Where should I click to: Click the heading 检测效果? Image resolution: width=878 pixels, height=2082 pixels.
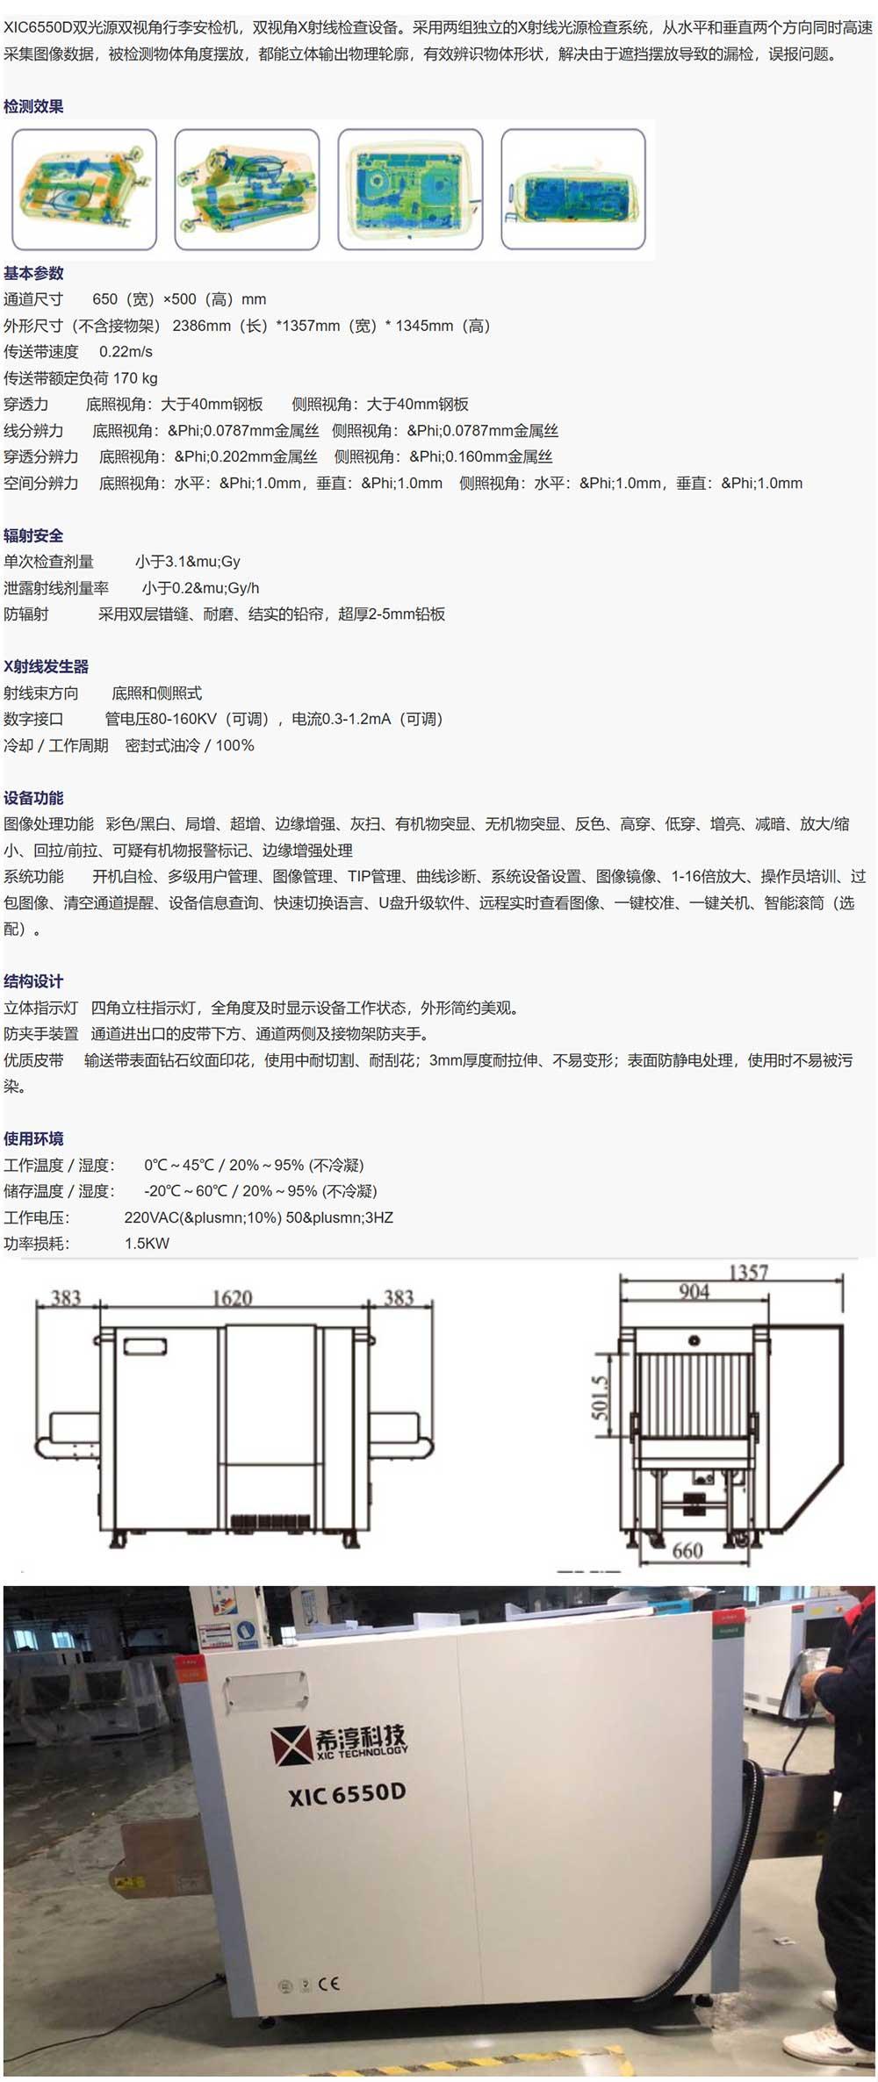[x=33, y=106]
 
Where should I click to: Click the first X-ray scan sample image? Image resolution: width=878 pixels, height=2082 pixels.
[x=83, y=189]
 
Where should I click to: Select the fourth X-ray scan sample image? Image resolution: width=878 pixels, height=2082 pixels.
[x=573, y=189]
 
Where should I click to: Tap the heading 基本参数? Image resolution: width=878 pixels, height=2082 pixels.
[x=33, y=273]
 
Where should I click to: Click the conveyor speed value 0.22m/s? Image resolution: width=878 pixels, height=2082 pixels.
[x=126, y=352]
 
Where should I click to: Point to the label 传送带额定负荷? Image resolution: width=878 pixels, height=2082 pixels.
[x=56, y=378]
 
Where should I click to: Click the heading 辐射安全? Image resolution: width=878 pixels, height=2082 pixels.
[x=33, y=535]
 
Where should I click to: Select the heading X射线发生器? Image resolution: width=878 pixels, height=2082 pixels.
[x=47, y=666]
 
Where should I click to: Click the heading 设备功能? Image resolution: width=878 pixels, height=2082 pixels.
[x=33, y=798]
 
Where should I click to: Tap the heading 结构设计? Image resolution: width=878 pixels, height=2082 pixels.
[x=33, y=981]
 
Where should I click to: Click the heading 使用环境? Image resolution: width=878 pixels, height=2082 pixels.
[x=33, y=1138]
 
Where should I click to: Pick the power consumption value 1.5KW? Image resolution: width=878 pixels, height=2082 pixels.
[x=148, y=1244]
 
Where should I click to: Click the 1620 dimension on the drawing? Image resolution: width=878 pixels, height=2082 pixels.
[x=233, y=1298]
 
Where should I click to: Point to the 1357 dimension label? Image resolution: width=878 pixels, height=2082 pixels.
[x=748, y=1272]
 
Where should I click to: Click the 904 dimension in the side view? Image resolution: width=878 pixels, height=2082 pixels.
[x=694, y=1291]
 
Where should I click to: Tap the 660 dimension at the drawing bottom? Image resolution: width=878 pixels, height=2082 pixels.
[x=687, y=1551]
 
